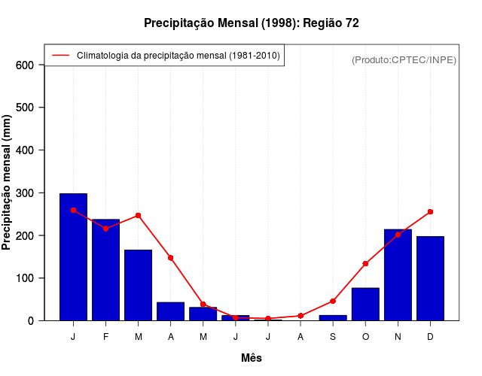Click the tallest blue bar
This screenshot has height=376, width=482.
coord(73,256)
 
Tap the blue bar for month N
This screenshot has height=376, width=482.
coord(398,274)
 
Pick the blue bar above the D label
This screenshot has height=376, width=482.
coord(430,278)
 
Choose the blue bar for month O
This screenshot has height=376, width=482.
coord(365,304)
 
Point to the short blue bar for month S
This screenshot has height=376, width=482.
coord(333,317)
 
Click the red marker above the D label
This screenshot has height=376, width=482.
coord(430,212)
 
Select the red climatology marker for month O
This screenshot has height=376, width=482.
coord(365,264)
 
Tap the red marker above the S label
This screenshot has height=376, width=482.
coord(333,301)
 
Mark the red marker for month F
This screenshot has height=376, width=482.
coord(105,229)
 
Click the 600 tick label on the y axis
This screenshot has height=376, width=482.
coord(25,65)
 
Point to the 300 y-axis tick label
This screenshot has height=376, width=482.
coord(25,193)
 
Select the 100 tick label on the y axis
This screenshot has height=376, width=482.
coord(25,278)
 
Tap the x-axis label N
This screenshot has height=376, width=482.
coord(398,337)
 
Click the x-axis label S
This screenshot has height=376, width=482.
coord(333,337)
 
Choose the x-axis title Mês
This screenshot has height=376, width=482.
coord(252,358)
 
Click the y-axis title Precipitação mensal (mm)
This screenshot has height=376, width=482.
coord(8,182)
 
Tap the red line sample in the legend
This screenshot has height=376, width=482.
coord(60,56)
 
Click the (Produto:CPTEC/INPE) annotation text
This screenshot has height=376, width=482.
coord(404,60)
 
